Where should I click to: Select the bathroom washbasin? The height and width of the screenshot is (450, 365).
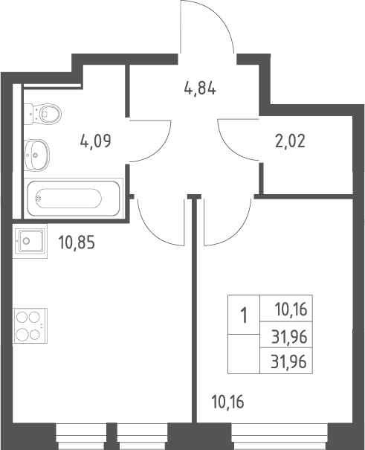pos(36,155)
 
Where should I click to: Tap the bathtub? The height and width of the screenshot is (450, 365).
pos(74,198)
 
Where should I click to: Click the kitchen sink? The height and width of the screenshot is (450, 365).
pos(30,241)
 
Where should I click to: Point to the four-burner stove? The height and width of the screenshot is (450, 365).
pos(30,326)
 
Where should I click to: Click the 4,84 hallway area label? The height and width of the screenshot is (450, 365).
pos(200,89)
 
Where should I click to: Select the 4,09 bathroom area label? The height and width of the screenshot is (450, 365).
pos(95,141)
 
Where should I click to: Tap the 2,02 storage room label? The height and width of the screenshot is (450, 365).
pos(290,141)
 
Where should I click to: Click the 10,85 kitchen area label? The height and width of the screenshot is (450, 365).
pos(77,242)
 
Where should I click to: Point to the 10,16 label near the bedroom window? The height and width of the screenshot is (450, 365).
pos(227,402)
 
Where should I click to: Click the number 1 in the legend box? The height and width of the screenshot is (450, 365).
pos(244,315)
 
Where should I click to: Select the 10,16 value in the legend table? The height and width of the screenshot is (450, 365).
pos(291,309)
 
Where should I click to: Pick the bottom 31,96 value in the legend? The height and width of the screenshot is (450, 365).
pos(289,361)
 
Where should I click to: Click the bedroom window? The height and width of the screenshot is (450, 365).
pos(280,437)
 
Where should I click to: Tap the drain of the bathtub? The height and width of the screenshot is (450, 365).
pos(38,198)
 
